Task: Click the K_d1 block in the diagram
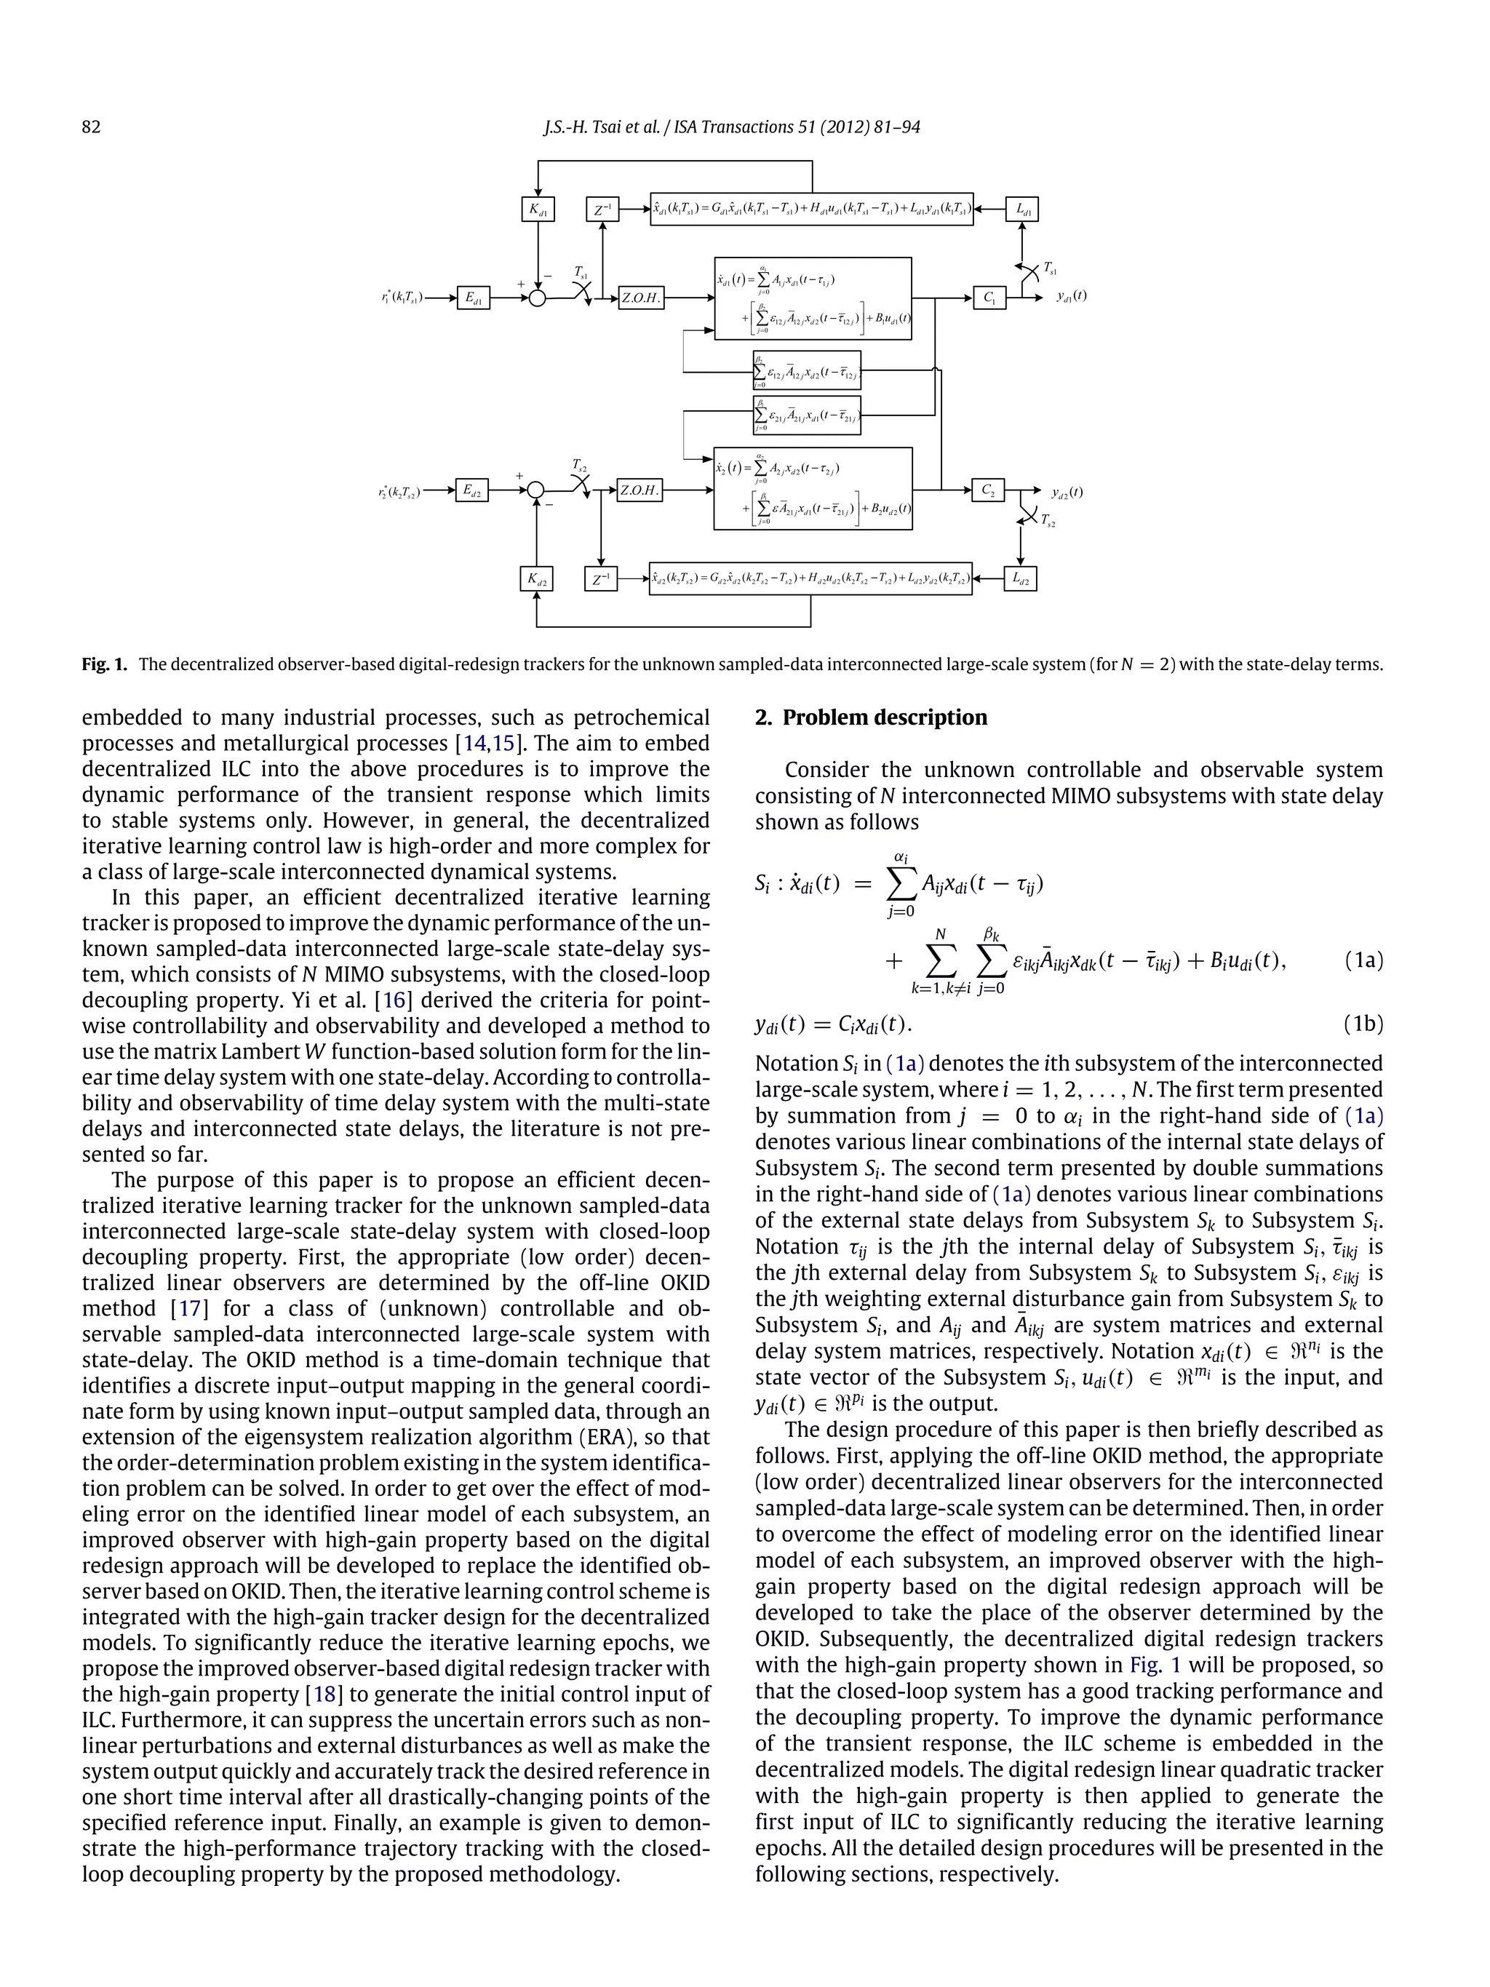coord(537,210)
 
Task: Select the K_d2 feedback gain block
coord(536,578)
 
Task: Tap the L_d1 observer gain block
coord(1021,210)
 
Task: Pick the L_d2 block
coord(1020,578)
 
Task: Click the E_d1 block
coord(474,298)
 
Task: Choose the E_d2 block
coord(471,490)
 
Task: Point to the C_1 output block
coord(989,298)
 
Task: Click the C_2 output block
coord(988,490)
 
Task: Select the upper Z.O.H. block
coord(640,298)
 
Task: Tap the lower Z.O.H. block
coord(640,490)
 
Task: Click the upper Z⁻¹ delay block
coord(602,210)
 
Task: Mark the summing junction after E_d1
coord(537,298)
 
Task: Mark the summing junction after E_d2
coord(536,490)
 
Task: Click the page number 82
coord(91,127)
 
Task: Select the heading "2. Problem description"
coord(870,717)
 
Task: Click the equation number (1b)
coord(1363,1023)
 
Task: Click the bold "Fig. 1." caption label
coord(104,665)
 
